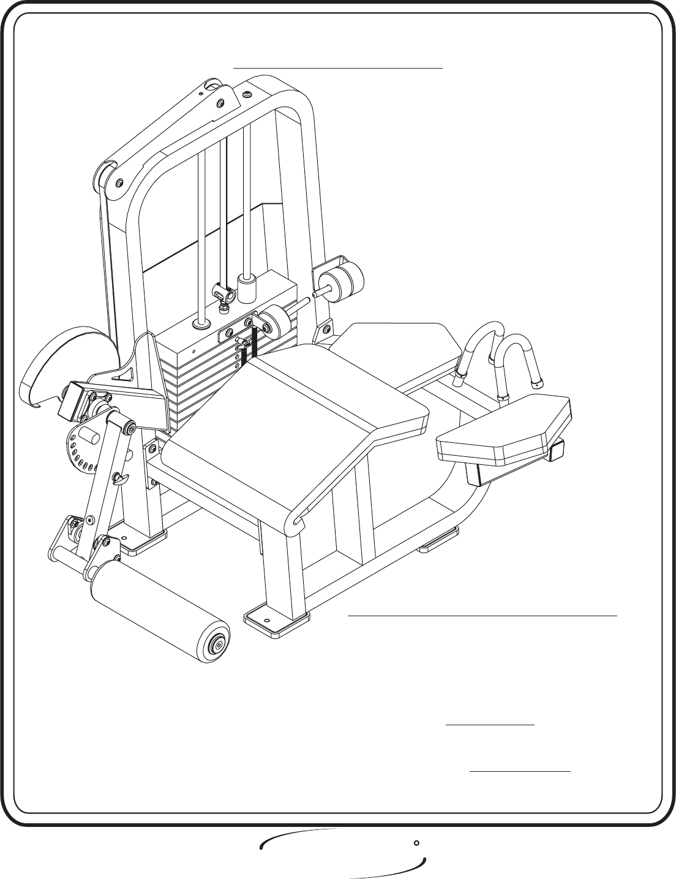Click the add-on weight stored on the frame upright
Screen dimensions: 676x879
(339, 278)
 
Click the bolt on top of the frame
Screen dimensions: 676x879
(247, 94)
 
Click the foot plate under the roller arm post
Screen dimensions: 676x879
(143, 541)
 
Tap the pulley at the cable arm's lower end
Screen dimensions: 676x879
(104, 175)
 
